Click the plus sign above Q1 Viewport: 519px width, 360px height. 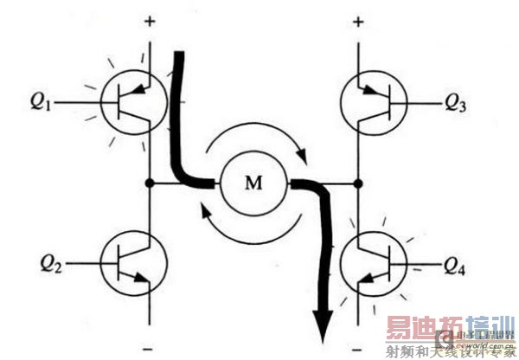[x=151, y=20]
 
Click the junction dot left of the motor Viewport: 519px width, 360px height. [x=151, y=183]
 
